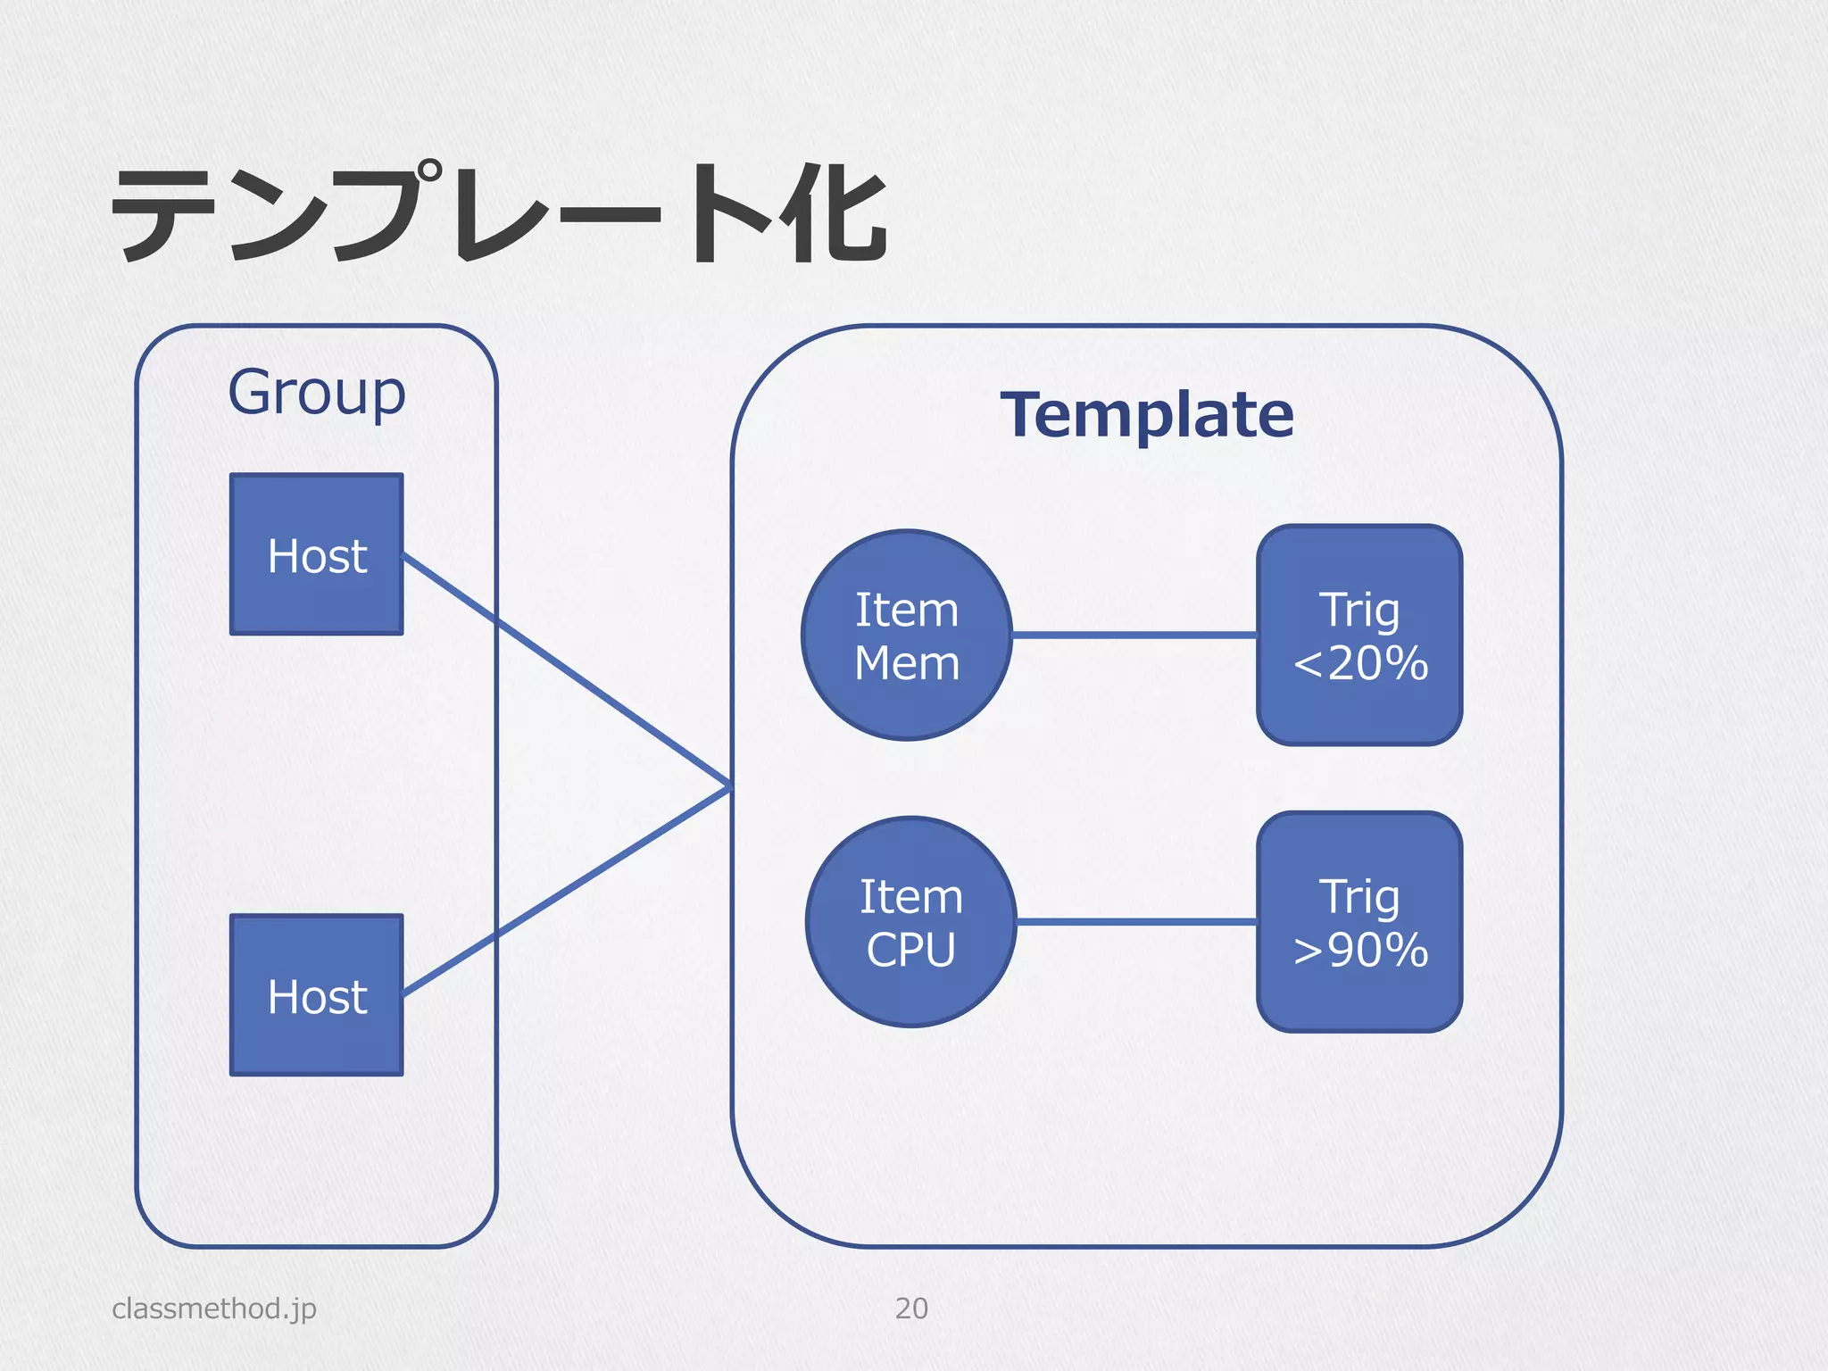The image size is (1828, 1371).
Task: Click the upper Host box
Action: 316,554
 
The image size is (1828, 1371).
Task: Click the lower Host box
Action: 316,994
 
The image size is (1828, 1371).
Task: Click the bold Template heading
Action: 1146,414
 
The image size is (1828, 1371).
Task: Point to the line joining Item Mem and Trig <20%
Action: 1134,635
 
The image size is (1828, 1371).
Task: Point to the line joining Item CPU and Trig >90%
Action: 1135,921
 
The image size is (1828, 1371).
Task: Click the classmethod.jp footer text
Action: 214,1308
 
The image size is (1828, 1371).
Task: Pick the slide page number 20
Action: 911,1308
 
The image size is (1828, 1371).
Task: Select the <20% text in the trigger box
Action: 1360,663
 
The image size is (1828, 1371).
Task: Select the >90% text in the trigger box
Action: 1360,950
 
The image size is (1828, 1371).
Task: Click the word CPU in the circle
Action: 910,950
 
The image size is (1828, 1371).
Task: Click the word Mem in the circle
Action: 906,663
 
